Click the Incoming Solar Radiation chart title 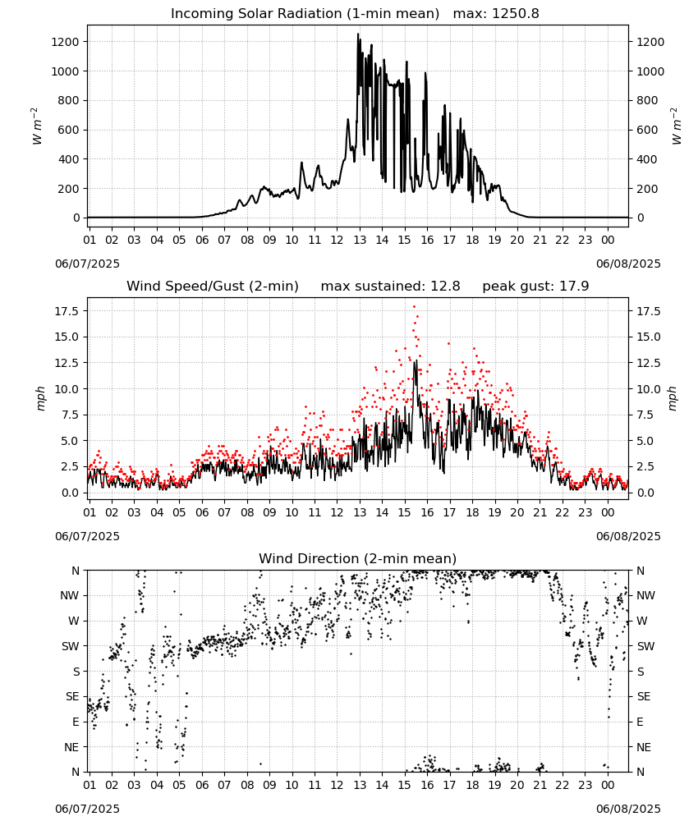[x=305, y=14]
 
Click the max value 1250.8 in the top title [x=515, y=14]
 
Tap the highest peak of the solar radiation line [x=358, y=34]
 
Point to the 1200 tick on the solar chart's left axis [x=66, y=42]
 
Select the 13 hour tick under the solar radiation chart [x=360, y=240]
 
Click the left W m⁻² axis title [x=35, y=126]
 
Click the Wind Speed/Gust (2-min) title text [x=213, y=287]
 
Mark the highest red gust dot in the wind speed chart [x=414, y=307]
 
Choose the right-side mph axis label [x=673, y=398]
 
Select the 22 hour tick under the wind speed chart [x=563, y=512]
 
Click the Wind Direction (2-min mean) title [x=358, y=558]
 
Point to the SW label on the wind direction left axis [x=71, y=646]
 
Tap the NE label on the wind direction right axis [x=644, y=747]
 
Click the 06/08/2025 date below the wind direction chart [x=628, y=809]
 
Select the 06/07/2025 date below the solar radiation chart [x=87, y=264]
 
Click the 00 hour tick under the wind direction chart [x=608, y=785]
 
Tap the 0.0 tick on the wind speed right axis [x=645, y=493]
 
